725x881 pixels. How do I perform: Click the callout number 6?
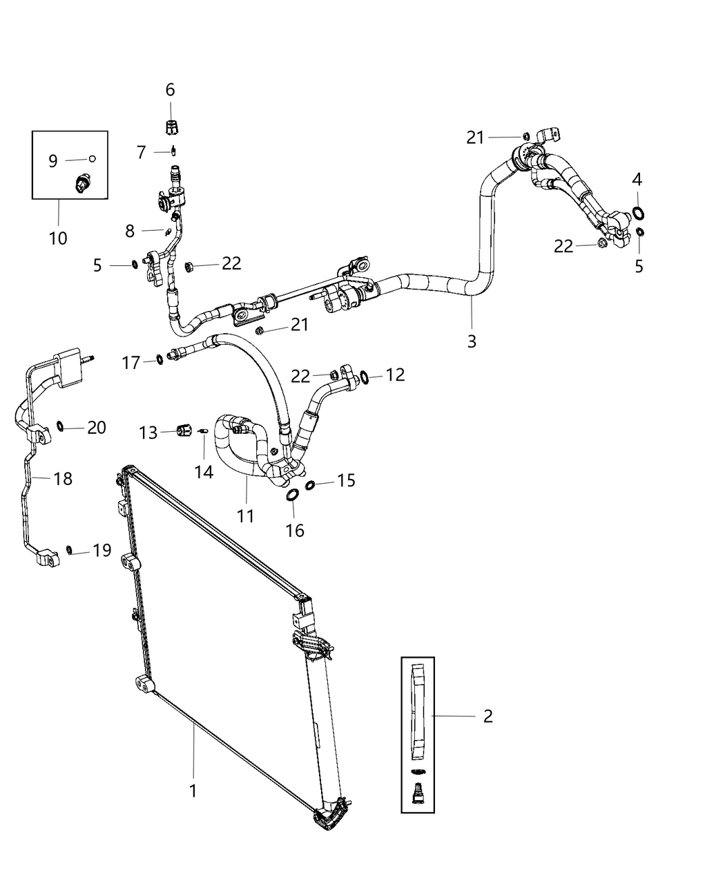pyautogui.click(x=170, y=90)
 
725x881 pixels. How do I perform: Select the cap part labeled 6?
pyautogui.click(x=170, y=127)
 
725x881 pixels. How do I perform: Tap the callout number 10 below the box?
pyautogui.click(x=58, y=238)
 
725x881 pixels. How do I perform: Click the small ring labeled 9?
pyautogui.click(x=93, y=159)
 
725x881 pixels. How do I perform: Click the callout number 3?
pyautogui.click(x=472, y=341)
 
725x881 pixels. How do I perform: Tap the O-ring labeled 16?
pyautogui.click(x=293, y=495)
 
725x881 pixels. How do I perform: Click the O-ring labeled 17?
pyautogui.click(x=159, y=359)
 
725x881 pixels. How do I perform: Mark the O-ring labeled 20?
pyautogui.click(x=61, y=425)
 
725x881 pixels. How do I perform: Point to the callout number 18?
pyautogui.click(x=63, y=478)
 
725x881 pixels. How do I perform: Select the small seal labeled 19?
pyautogui.click(x=70, y=549)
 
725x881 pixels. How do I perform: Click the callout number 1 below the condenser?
pyautogui.click(x=193, y=790)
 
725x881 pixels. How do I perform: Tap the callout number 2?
pyautogui.click(x=487, y=716)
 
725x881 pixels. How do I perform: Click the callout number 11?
pyautogui.click(x=246, y=515)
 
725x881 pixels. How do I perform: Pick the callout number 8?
pyautogui.click(x=130, y=231)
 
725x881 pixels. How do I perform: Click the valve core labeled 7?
pyautogui.click(x=175, y=151)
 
